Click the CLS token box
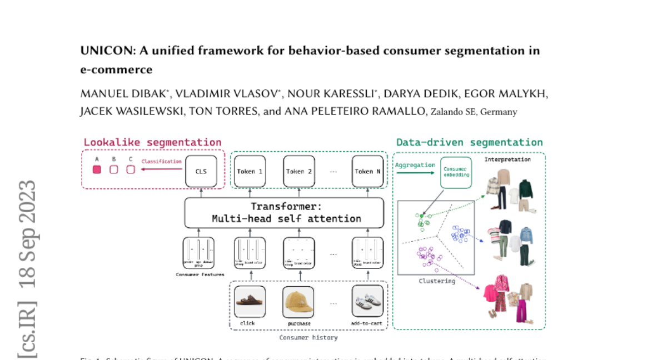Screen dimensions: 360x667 [x=201, y=171]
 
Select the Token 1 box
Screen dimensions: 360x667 [x=250, y=171]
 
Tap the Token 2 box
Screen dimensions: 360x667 [x=300, y=171]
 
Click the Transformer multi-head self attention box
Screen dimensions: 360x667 [x=284, y=213]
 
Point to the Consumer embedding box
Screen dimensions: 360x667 [x=456, y=172]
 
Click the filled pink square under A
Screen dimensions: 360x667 [x=97, y=169]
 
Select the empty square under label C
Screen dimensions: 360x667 [x=131, y=169]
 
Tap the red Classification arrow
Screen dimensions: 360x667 [x=161, y=169]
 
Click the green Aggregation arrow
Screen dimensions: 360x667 [x=415, y=173]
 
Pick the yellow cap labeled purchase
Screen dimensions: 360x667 [x=299, y=302]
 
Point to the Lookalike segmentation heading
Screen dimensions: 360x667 [x=152, y=142]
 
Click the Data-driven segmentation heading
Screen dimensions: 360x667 [x=469, y=142]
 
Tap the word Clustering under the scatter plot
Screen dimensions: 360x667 [x=437, y=281]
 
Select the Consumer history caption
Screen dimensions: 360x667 [x=308, y=337]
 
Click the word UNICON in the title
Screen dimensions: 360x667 [x=101, y=51]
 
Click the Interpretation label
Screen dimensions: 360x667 [x=507, y=159]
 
